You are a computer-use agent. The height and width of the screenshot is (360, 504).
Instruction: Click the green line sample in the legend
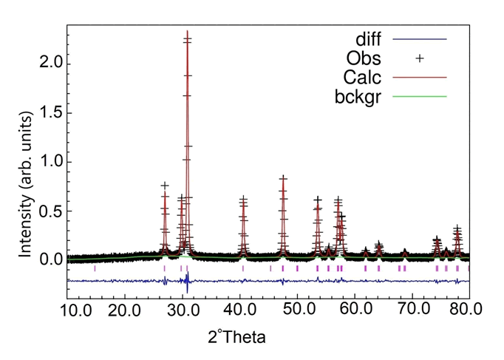pos(420,96)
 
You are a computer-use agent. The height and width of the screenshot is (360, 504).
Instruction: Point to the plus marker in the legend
pos(420,58)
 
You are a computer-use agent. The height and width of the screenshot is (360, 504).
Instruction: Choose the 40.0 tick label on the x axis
pos(239,308)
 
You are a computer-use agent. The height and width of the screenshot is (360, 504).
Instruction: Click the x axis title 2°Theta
pos(236,337)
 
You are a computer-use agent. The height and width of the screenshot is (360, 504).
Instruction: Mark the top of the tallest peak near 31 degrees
pos(187,32)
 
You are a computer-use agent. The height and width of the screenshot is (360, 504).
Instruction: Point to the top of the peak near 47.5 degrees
pos(283,178)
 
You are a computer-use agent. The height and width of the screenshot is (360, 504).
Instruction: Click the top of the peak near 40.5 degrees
pos(243,199)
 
